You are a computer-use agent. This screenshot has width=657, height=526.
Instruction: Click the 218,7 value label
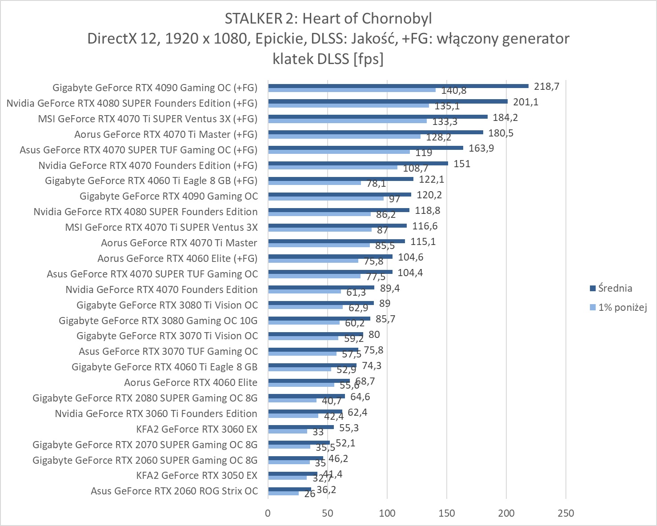pos(547,87)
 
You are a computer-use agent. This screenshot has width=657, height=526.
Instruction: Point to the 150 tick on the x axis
pos(447,513)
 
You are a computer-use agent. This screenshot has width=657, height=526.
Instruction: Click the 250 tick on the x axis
pos(566,513)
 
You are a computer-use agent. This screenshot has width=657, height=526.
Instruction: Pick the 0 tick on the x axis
pos(268,513)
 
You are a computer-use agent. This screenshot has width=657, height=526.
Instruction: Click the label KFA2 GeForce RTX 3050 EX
pos(196,475)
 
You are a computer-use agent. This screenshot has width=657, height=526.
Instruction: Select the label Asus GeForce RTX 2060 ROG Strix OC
pos(174,491)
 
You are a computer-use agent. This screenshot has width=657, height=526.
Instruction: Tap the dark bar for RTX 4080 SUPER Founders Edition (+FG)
pos(388,101)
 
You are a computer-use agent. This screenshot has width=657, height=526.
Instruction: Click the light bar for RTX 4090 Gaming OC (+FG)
pos(352,90)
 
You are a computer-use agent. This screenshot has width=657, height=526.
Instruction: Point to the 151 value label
pos(462,164)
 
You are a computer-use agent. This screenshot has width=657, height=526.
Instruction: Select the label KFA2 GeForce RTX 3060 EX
pos(196,429)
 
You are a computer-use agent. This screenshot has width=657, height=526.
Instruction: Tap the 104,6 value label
pos(411,257)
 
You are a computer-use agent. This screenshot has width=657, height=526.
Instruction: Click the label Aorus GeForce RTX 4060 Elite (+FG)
pos(177,258)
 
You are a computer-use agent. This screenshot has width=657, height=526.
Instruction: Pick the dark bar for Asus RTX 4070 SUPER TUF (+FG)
pos(365,148)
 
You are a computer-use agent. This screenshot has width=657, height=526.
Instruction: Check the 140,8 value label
pos(453,91)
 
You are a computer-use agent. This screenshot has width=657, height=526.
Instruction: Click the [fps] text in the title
pos(368,59)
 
